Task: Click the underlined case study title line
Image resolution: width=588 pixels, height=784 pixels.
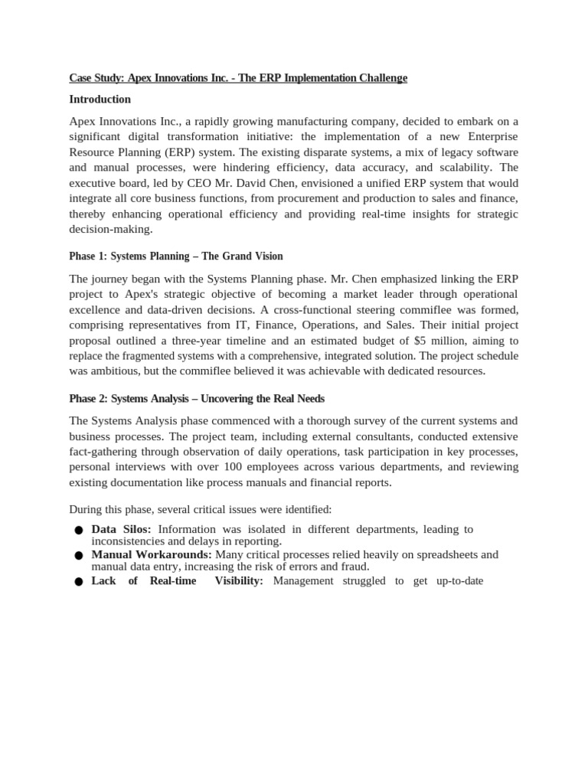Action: coord(238,78)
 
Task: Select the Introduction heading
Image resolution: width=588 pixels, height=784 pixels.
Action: coord(100,100)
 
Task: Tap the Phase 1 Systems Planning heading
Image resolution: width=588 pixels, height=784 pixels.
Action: coord(176,256)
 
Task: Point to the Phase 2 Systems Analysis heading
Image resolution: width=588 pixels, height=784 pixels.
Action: coord(197,399)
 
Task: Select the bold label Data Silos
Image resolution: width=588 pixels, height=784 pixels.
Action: coord(121,529)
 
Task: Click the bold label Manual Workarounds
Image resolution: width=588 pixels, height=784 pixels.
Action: coord(152,554)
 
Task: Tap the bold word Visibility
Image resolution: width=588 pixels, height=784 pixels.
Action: coord(239,580)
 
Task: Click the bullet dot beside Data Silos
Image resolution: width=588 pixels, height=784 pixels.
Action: coord(79,531)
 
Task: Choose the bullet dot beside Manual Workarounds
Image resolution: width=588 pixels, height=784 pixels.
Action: coord(79,556)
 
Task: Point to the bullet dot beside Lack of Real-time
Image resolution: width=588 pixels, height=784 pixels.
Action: coord(79,582)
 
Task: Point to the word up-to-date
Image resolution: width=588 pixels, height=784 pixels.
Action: coord(459,580)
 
